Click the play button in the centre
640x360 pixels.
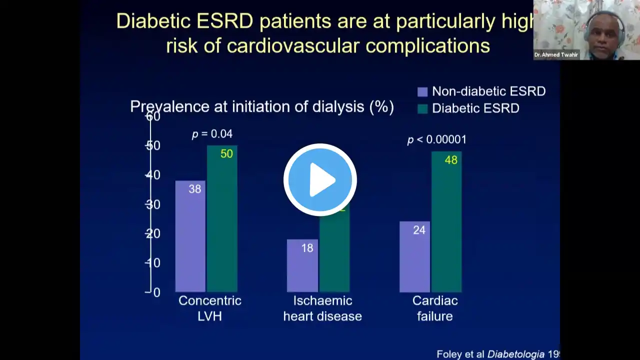pos(320,180)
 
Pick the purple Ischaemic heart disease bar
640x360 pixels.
pos(302,265)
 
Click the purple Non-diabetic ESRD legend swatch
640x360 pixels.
pos(422,92)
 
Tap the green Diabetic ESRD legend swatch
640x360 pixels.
pos(422,108)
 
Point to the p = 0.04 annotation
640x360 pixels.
pos(212,134)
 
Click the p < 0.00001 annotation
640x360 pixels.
pos(436,139)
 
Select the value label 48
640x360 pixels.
pos(451,160)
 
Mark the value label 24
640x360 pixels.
pos(419,230)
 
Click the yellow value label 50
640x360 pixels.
pos(226,154)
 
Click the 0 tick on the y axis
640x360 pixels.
pos(156,292)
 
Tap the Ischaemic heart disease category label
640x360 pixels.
pos(322,308)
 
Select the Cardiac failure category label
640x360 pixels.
pos(435,308)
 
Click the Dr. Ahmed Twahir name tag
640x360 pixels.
pos(556,55)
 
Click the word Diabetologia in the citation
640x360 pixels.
pos(516,354)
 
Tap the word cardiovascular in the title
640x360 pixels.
pos(294,45)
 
